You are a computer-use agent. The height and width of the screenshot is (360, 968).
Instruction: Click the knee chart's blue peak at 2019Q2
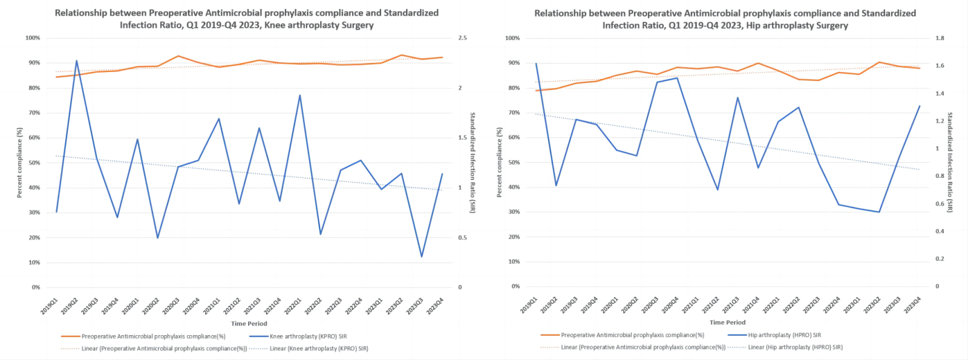coord(77,61)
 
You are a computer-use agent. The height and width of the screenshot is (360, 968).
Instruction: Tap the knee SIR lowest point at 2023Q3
coord(422,257)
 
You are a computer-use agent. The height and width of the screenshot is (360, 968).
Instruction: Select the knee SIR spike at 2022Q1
coord(299,95)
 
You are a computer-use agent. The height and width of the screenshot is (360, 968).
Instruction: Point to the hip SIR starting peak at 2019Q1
coord(536,64)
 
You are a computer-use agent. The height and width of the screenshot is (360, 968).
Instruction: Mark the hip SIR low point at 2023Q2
coord(879,212)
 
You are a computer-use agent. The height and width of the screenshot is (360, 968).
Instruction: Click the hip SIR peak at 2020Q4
coord(677,78)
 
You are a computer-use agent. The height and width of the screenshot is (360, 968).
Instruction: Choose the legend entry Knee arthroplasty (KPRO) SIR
coord(308,336)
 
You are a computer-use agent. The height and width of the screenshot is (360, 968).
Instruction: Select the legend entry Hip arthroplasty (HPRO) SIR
coord(784,335)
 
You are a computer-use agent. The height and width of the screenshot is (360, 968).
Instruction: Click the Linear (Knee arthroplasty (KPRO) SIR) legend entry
coord(319,349)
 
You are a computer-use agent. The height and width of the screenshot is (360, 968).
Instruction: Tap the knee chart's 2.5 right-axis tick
coord(462,38)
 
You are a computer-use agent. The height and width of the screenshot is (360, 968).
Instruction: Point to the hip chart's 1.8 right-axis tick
coord(940,38)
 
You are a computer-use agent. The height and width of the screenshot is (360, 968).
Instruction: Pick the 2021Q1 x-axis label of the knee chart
coord(211,306)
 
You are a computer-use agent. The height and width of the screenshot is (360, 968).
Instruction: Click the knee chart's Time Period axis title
coord(249,324)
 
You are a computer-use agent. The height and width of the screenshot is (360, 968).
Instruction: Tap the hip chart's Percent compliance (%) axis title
coord(500,162)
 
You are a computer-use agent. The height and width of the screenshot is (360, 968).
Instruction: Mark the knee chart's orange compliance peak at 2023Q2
coord(401,55)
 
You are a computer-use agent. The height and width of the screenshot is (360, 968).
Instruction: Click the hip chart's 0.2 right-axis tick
coord(940,259)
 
